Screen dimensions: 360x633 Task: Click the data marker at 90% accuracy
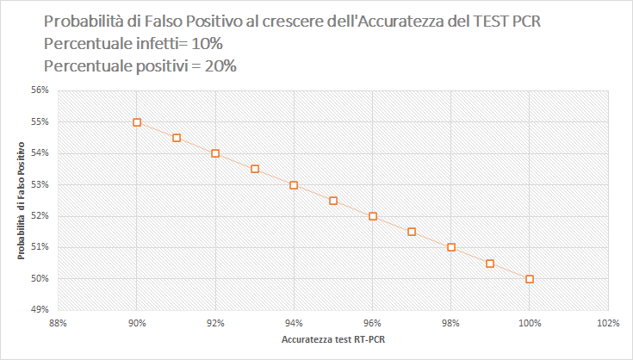137,122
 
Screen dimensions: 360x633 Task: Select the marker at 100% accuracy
530,279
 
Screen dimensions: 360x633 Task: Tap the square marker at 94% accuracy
294,185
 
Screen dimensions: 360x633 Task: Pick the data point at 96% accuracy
373,216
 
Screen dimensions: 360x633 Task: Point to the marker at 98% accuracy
451,247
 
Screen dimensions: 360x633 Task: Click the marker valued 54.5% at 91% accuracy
177,138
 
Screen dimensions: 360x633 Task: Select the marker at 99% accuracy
490,264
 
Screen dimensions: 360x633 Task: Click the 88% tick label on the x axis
59,324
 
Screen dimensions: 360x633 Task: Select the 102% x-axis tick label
607,324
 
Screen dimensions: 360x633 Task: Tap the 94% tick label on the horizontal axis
294,324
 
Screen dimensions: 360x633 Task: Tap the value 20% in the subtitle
219,65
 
